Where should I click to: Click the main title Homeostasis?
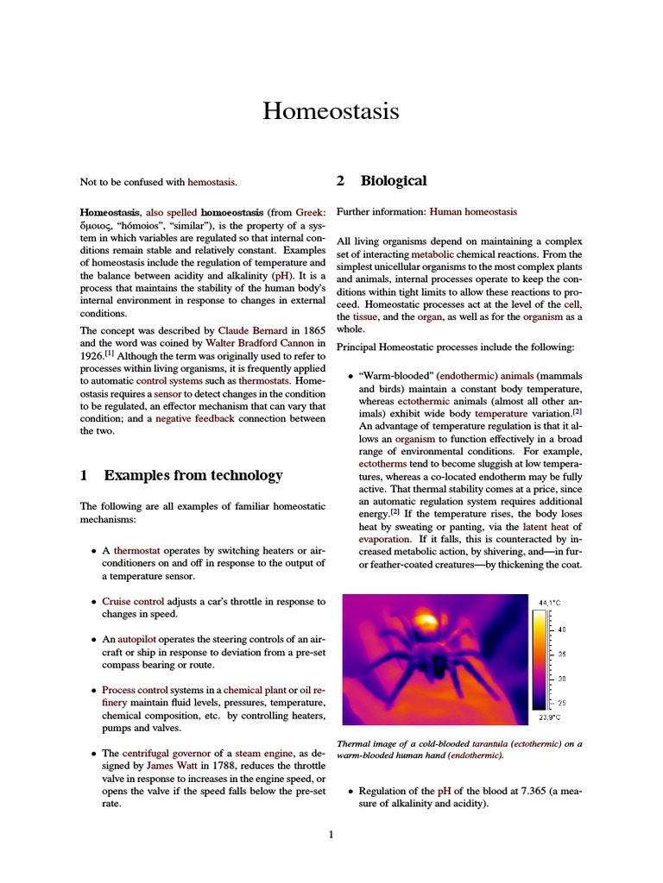pyautogui.click(x=331, y=111)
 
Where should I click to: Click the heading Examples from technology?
pyautogui.click(x=193, y=475)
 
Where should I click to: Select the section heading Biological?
pyautogui.click(x=393, y=181)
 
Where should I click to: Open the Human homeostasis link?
pyautogui.click(x=473, y=211)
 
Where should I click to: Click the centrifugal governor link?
pyautogui.click(x=158, y=753)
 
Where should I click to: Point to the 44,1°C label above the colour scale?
pyautogui.click(x=549, y=601)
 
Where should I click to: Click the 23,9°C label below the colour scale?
pyautogui.click(x=549, y=717)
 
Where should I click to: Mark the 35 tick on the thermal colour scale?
pyautogui.click(x=562, y=654)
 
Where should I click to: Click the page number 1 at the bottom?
pyautogui.click(x=331, y=834)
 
